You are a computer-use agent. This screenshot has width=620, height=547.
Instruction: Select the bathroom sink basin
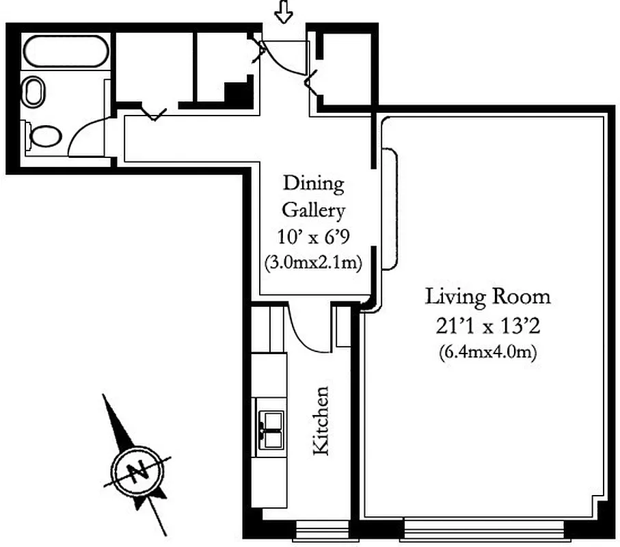tap(33, 92)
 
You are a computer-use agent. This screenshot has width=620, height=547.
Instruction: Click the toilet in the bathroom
tap(42, 135)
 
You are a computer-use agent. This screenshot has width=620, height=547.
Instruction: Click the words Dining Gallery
tap(313, 196)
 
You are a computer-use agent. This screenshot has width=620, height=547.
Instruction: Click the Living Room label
tap(487, 297)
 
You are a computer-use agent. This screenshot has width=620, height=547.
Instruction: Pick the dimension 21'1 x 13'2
tap(487, 326)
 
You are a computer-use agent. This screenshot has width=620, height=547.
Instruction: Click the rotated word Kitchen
tap(321, 420)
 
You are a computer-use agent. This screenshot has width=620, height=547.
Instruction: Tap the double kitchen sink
tap(271, 427)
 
